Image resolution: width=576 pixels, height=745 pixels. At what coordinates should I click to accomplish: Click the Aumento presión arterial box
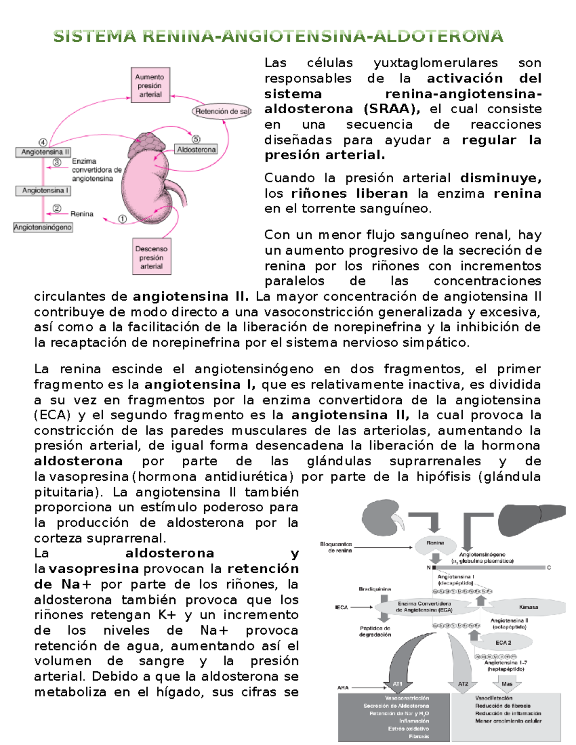[150, 85]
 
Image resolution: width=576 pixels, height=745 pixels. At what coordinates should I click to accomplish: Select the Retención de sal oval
[222, 111]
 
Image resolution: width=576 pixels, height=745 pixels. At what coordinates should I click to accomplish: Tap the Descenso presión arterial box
[151, 257]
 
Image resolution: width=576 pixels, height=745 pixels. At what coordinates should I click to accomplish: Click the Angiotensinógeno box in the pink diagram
[43, 227]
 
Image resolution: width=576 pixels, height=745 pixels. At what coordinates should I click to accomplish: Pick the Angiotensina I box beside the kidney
[45, 190]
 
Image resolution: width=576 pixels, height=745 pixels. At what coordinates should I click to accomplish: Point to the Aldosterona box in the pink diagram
[196, 150]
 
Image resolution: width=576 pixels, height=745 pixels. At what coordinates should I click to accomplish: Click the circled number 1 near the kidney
[122, 219]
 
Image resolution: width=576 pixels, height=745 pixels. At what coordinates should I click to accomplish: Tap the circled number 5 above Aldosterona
[196, 139]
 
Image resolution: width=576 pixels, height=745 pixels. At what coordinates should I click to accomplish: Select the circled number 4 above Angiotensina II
[43, 142]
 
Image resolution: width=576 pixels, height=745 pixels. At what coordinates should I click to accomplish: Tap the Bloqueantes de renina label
[336, 547]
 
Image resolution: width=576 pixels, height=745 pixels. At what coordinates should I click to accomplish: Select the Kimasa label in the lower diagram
[528, 607]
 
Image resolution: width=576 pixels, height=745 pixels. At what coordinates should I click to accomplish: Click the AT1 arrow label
[397, 684]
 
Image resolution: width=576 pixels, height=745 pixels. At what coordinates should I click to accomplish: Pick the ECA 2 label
[503, 642]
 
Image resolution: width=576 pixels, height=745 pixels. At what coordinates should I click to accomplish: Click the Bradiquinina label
[375, 589]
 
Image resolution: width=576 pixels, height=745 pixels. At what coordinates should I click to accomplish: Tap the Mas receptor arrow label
[507, 684]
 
